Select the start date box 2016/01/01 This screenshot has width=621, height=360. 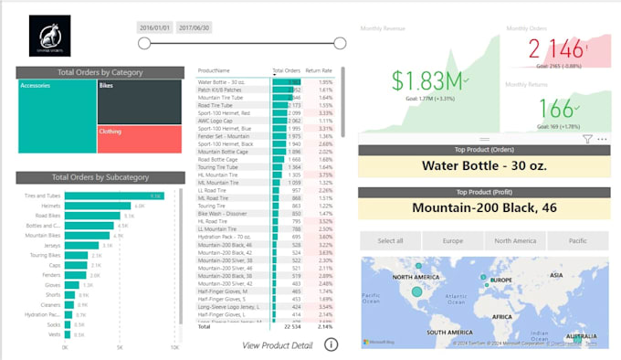coord(154,28)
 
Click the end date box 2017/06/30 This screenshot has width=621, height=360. coord(194,28)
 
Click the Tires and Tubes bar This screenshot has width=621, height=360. coord(113,196)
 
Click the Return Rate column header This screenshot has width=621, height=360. coord(319,70)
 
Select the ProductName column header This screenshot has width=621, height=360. coord(215,70)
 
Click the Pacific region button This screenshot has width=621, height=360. coord(576,240)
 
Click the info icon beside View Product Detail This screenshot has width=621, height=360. coord(331,344)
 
